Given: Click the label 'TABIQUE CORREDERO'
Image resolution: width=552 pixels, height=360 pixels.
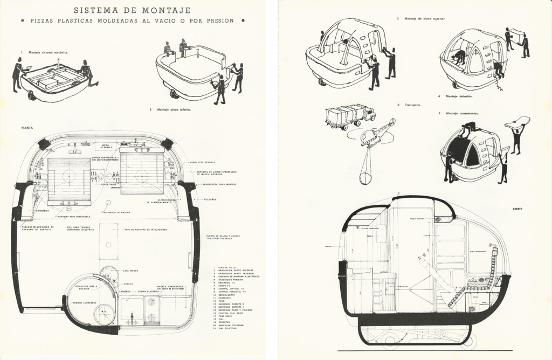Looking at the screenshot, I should [x=84, y=303].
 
